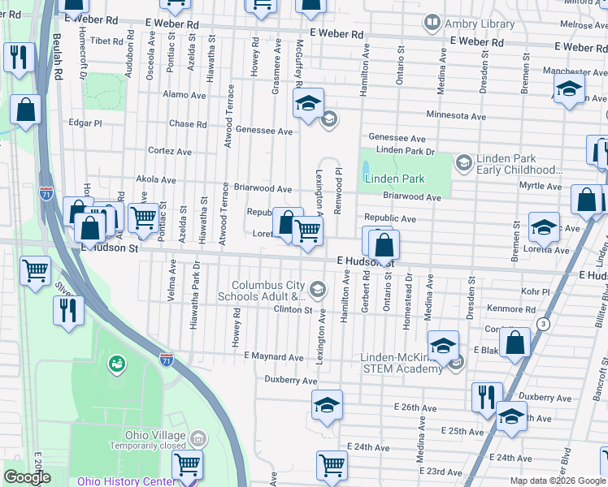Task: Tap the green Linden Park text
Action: point(395,179)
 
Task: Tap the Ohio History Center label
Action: point(124,481)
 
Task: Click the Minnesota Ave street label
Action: point(454,116)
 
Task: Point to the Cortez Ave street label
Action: point(169,151)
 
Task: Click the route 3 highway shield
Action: point(543,324)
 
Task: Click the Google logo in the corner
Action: point(27,477)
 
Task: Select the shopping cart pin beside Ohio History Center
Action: point(187,466)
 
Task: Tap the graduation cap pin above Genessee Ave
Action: point(308,104)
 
